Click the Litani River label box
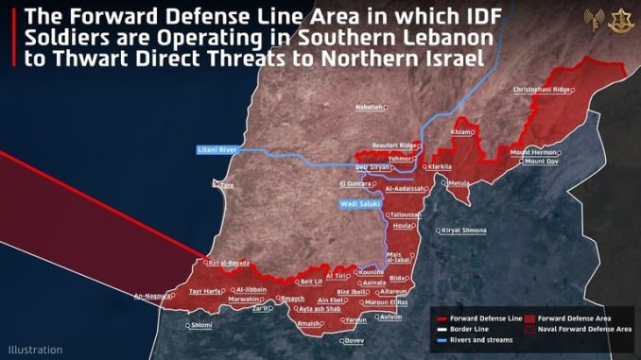pyautogui.click(x=217, y=150)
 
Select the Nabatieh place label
pyautogui.click(x=369, y=108)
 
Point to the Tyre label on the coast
pyautogui.click(x=226, y=186)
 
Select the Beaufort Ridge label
pyautogui.click(x=392, y=145)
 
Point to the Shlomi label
pyautogui.click(x=201, y=325)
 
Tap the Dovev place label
pyautogui.click(x=353, y=340)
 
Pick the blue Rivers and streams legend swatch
pyautogui.click(x=441, y=339)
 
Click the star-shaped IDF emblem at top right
pyautogui.click(x=620, y=18)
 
